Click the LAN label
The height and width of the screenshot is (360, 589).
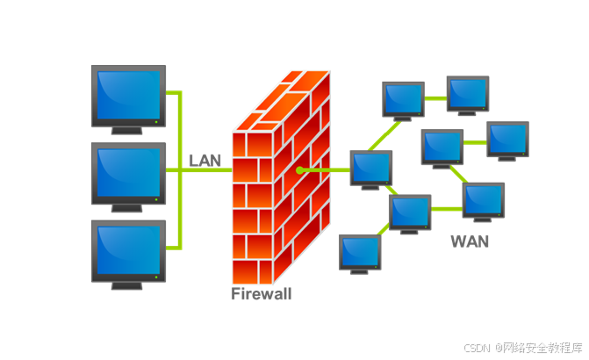tap(205, 161)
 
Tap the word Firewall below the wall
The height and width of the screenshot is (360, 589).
tap(261, 294)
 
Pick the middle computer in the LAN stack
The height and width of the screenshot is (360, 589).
tap(128, 173)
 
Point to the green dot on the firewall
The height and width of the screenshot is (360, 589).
tap(299, 169)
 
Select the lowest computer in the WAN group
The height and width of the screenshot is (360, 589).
tap(360, 251)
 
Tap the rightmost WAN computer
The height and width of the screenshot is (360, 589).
tap(507, 139)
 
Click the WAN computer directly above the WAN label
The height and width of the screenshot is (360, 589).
tap(483, 199)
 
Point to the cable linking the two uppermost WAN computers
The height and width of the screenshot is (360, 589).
tap(435, 98)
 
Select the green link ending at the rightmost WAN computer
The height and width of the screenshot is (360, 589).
tap(475, 142)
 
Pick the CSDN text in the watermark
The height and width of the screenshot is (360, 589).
tap(477, 348)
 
